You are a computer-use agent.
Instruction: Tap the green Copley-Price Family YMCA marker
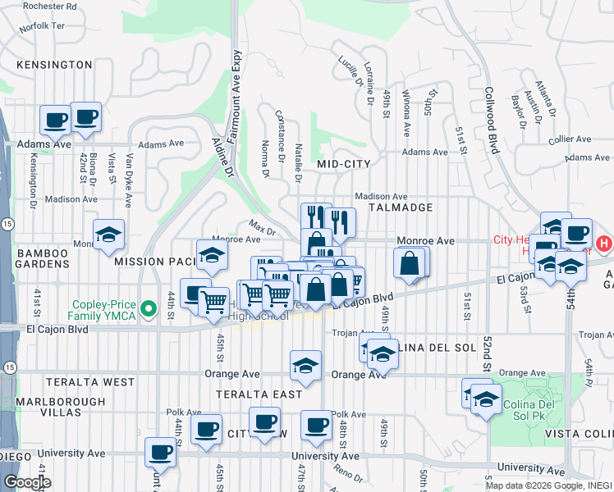[x=148, y=309]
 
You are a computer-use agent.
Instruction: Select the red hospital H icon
[x=604, y=244]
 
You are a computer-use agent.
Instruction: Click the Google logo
[x=27, y=482]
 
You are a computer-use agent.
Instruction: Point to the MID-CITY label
[x=344, y=164]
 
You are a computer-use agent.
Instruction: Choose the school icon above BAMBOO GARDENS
[x=108, y=235]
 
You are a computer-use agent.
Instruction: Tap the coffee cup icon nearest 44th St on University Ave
[x=160, y=451]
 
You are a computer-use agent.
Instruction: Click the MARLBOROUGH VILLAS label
[x=53, y=408]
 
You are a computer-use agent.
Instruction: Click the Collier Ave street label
[x=571, y=139]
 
